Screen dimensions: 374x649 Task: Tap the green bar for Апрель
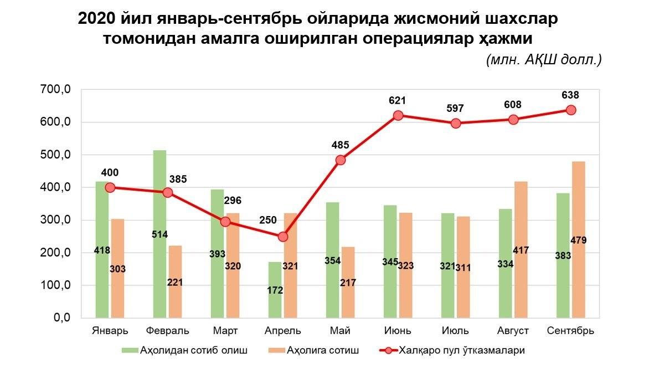pyautogui.click(x=275, y=277)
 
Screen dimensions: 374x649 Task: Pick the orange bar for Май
pyautogui.click(x=348, y=299)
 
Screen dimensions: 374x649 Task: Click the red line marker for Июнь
pyautogui.click(x=398, y=116)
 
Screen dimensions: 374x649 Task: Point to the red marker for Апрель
pyautogui.click(x=283, y=237)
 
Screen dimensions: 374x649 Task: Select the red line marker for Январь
pyautogui.click(x=110, y=188)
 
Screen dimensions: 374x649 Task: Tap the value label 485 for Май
pyautogui.click(x=340, y=145)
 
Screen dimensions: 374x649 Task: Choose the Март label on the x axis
pyautogui.click(x=225, y=331)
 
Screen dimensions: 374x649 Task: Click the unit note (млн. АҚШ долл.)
pyautogui.click(x=543, y=60)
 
